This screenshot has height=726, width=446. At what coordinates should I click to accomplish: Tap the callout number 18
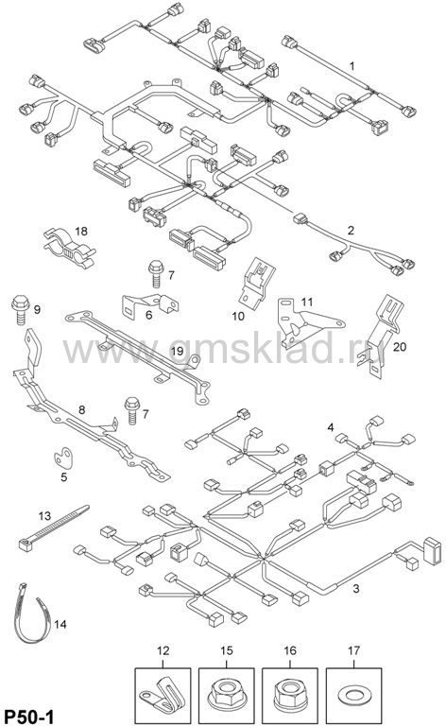pos(81,231)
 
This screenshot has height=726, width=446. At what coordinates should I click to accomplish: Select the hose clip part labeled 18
pos(69,248)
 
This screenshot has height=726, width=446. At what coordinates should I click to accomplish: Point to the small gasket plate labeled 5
pos(63,458)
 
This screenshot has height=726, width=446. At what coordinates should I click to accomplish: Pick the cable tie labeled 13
pos(53,527)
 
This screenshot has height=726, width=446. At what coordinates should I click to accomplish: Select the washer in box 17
pos(353,695)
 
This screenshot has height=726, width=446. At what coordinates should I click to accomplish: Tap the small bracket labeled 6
pos(150,306)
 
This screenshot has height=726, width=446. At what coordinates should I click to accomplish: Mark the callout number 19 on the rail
pos(178,351)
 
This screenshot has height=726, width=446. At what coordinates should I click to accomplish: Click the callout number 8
pos(82,409)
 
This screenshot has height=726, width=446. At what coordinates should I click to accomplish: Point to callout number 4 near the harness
pos(331,427)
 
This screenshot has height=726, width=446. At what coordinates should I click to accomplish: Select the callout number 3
pos(356,589)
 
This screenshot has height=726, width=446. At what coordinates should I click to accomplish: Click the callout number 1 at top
pos(352,66)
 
